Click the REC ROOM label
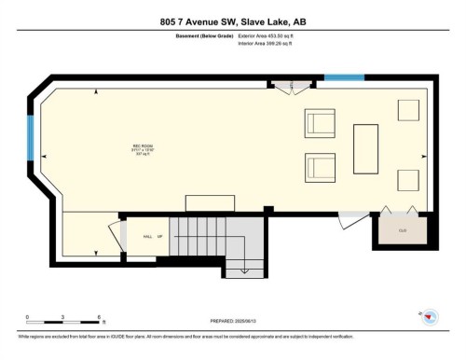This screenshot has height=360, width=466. pos(142,147)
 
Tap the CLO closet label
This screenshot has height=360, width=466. pos(404,229)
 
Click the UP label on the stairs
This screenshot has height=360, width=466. pos(160,237)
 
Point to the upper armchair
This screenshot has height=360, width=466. pos(320,123)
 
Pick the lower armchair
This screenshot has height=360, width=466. pos(320,168)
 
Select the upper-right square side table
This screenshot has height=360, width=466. pos(408,109)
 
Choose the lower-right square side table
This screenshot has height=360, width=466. pos(408,180)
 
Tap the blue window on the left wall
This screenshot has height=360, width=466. pos(32,138)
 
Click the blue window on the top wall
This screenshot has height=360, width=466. pos(343,78)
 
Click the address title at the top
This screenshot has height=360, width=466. pos(233,22)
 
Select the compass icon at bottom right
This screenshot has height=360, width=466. pos(428,318)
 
